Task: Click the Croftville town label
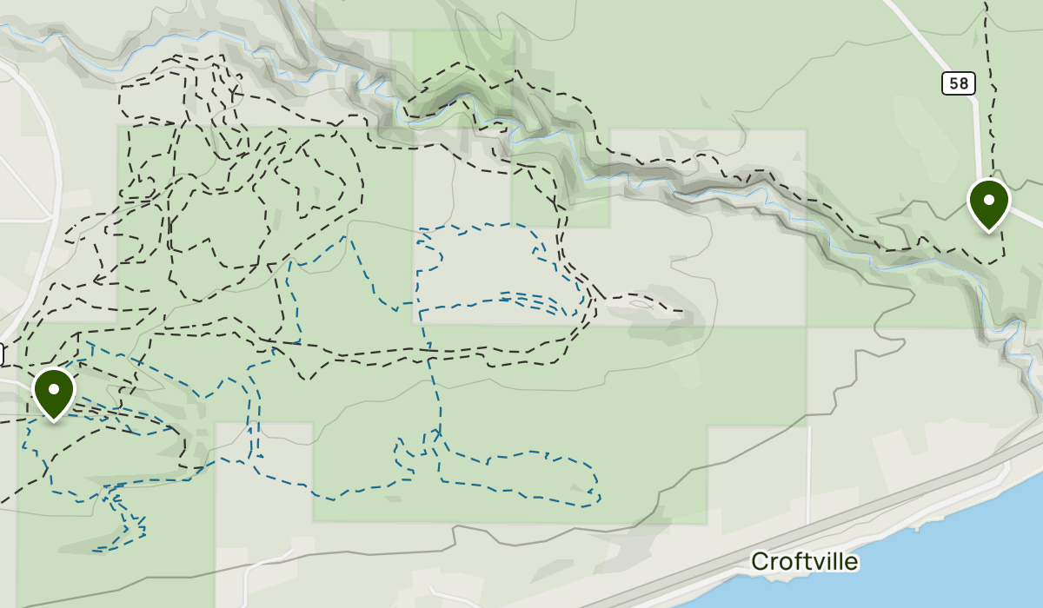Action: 804,562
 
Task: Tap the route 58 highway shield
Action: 958,83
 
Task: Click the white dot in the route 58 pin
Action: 988,199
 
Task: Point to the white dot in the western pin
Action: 54,389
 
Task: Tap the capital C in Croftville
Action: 760,562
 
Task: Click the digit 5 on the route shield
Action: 953,83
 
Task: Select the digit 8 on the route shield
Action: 963,83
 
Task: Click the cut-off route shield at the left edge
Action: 2,354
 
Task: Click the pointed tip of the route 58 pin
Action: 988,232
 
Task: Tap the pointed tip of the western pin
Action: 54,422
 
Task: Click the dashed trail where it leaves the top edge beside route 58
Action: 987,3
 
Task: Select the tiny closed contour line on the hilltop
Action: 641,304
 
